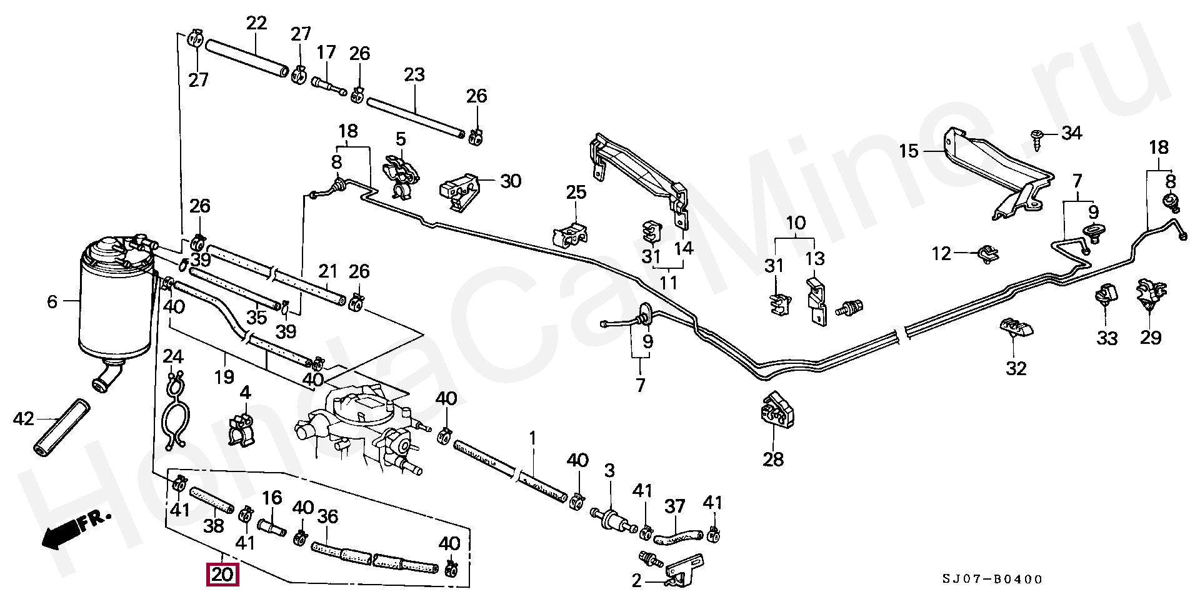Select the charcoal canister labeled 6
[116, 306]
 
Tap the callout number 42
[24, 418]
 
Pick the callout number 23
[414, 75]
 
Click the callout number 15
[909, 151]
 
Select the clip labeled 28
[777, 410]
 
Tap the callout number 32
[1016, 368]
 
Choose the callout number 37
[674, 506]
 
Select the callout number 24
[173, 357]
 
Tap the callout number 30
[511, 181]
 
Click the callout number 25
[576, 192]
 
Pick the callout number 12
[941, 253]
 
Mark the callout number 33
[1107, 338]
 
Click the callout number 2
[636, 581]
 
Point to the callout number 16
[272, 498]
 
